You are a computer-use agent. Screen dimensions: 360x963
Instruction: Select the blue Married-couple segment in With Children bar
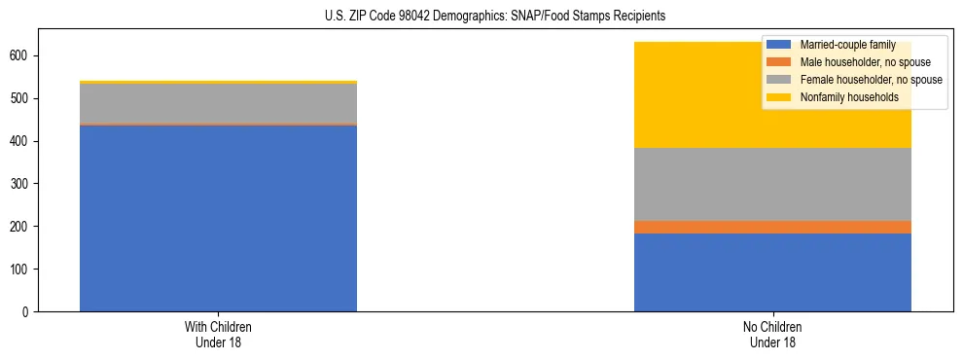coord(218,218)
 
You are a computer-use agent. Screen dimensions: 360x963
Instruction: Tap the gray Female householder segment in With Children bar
coord(218,103)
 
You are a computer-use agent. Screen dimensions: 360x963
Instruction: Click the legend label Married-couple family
coord(842,45)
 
